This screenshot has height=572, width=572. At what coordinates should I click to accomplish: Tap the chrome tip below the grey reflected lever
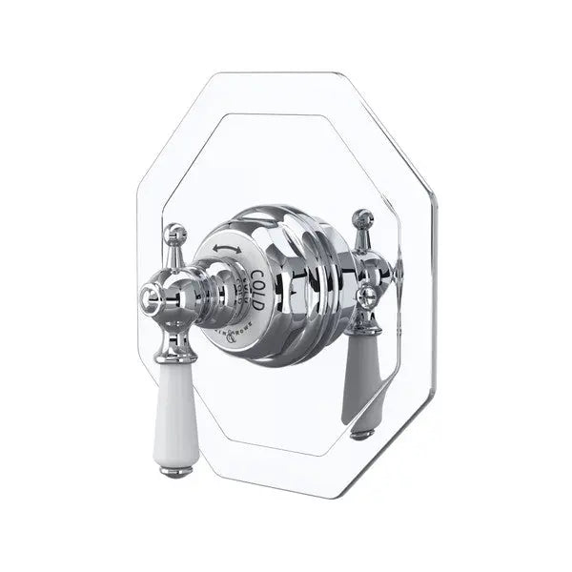pyautogui.click(x=361, y=434)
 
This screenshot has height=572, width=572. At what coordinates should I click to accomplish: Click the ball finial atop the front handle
pyautogui.click(x=174, y=232)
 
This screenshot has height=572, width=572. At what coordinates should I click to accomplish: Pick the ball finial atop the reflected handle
pyautogui.click(x=363, y=218)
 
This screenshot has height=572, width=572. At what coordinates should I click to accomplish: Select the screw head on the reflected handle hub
pyautogui.click(x=364, y=296)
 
